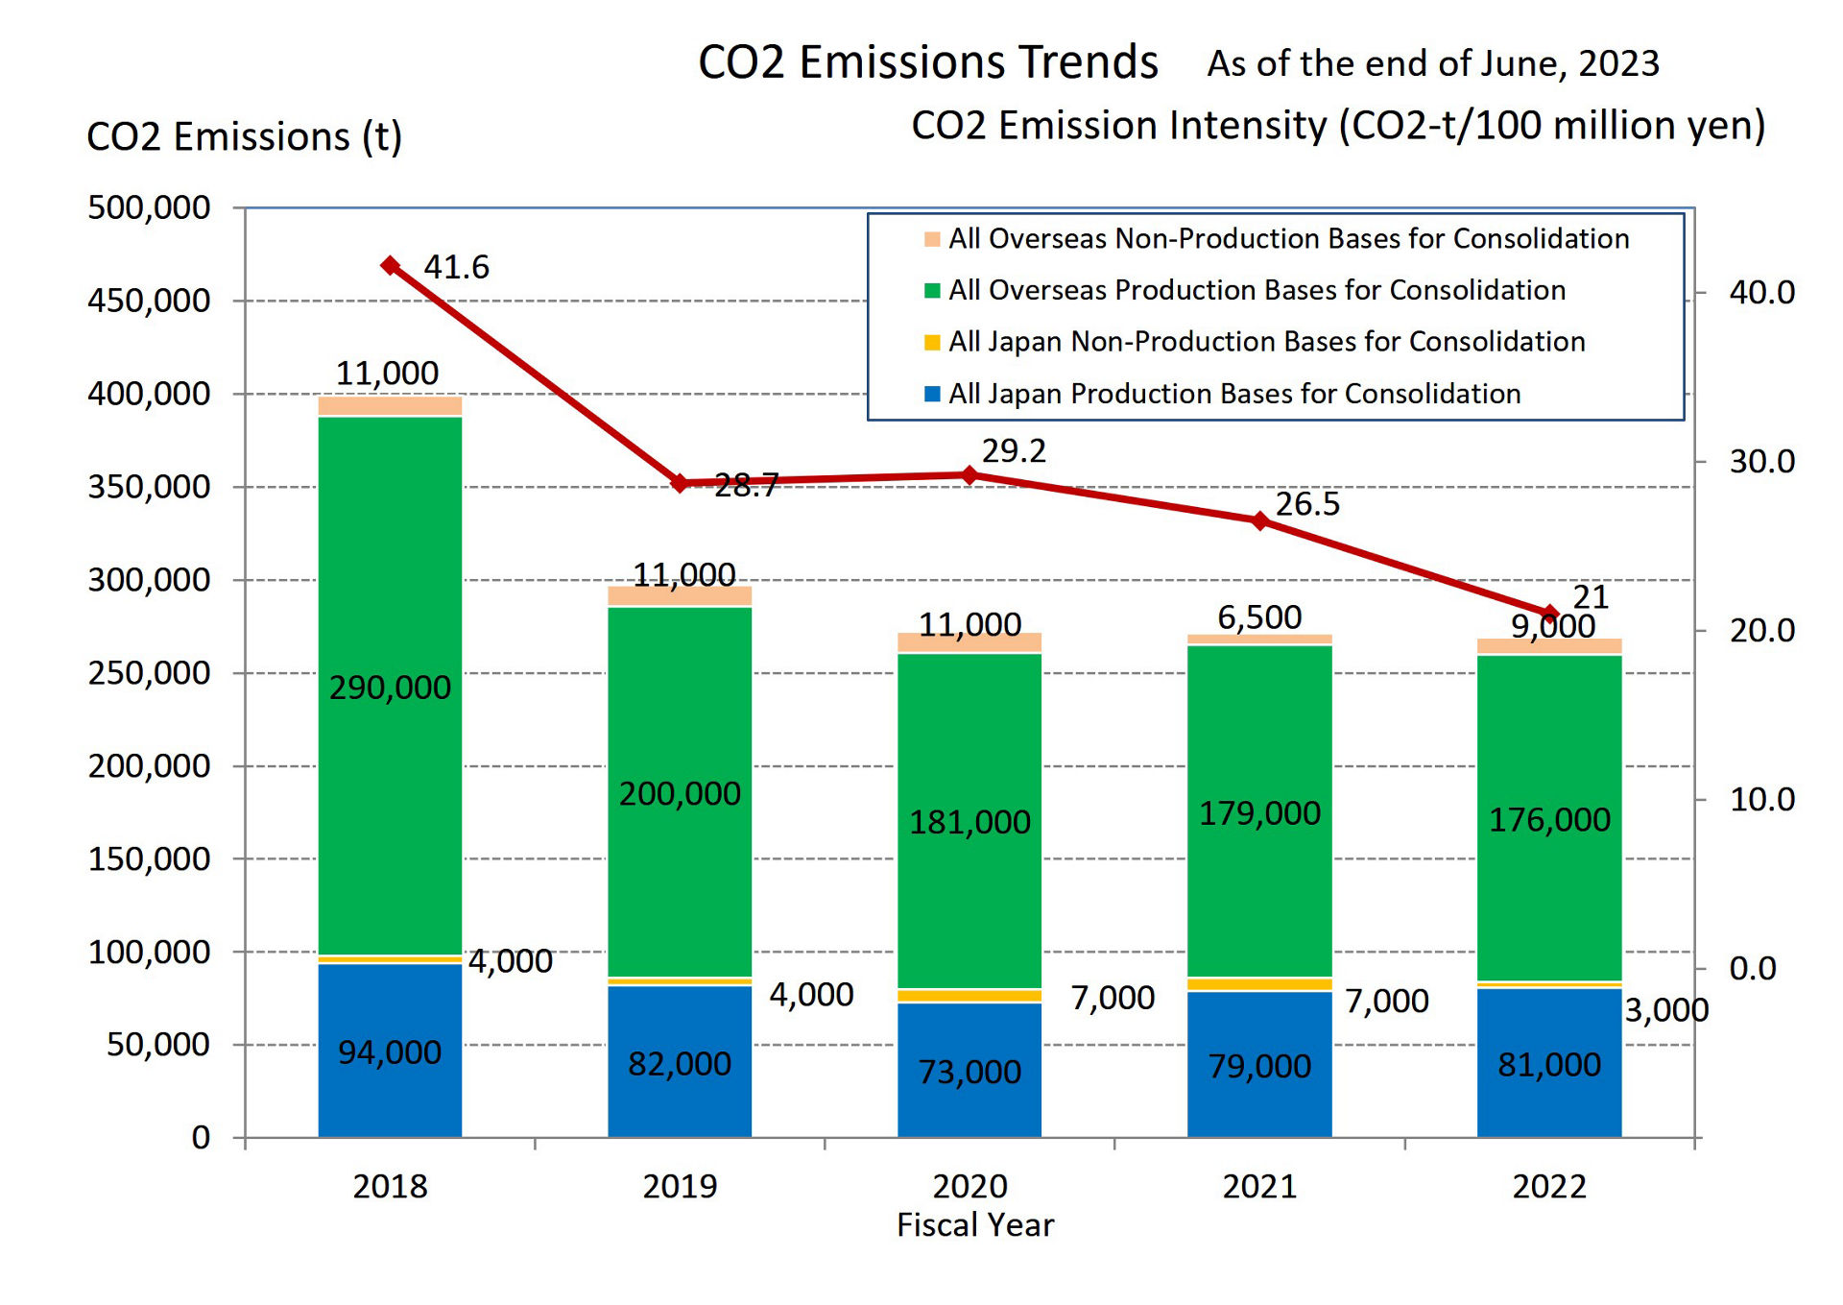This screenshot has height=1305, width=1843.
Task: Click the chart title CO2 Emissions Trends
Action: (x=927, y=62)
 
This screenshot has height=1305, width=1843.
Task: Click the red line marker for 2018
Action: (x=390, y=265)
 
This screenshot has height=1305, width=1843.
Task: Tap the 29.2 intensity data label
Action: (x=1013, y=450)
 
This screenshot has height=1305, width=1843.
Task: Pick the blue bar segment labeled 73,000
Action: (x=969, y=1071)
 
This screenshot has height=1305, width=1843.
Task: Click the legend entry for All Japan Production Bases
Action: (x=1233, y=394)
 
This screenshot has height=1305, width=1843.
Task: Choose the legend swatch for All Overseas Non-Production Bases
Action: (x=931, y=239)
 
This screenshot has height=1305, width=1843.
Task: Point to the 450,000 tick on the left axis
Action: (x=149, y=301)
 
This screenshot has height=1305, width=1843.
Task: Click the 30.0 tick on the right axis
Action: (x=1761, y=462)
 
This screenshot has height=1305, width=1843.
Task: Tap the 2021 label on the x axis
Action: (x=1259, y=1187)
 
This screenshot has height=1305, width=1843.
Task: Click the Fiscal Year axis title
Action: (x=974, y=1225)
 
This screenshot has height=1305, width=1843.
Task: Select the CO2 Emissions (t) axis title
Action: (x=244, y=137)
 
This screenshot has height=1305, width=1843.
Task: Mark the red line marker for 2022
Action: (x=1549, y=613)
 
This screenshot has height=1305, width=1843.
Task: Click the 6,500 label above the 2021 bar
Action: (x=1259, y=617)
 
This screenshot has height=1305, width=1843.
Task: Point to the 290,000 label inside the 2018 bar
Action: (x=390, y=688)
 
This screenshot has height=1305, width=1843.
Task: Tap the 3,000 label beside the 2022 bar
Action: (x=1666, y=1010)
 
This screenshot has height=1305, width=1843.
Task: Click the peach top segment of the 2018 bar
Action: (x=390, y=406)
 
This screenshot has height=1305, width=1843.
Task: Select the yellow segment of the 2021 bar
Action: (x=1259, y=984)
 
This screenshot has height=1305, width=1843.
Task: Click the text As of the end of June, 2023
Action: (x=1432, y=63)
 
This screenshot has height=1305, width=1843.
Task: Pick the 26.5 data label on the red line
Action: (x=1306, y=504)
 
